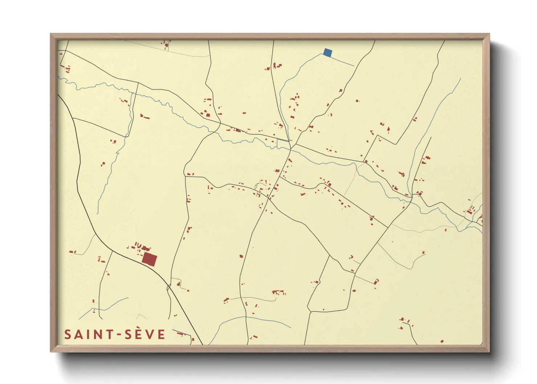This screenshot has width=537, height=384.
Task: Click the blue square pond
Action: (328, 53)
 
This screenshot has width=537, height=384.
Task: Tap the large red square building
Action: (149, 260)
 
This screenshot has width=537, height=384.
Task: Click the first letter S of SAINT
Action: (68, 334)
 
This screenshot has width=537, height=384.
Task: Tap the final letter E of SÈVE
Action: (162, 334)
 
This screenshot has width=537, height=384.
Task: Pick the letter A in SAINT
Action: (78, 334)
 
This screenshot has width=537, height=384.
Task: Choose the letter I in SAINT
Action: (87, 334)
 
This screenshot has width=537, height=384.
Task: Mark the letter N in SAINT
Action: (97, 334)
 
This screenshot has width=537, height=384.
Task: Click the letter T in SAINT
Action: (108, 334)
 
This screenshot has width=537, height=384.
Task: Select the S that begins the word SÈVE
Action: (128, 334)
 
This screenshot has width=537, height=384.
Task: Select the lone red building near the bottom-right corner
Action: (442, 342)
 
